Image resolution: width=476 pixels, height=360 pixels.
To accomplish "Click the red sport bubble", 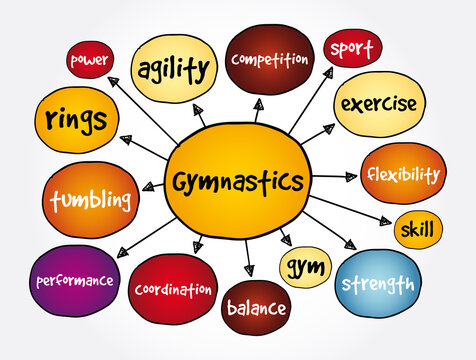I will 351,47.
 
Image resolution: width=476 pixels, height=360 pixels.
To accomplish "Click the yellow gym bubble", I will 301,267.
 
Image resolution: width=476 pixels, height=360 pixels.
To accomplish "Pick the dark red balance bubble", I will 255,307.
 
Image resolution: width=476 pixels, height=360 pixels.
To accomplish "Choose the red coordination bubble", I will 173,290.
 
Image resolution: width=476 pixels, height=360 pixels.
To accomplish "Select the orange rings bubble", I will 76,122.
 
